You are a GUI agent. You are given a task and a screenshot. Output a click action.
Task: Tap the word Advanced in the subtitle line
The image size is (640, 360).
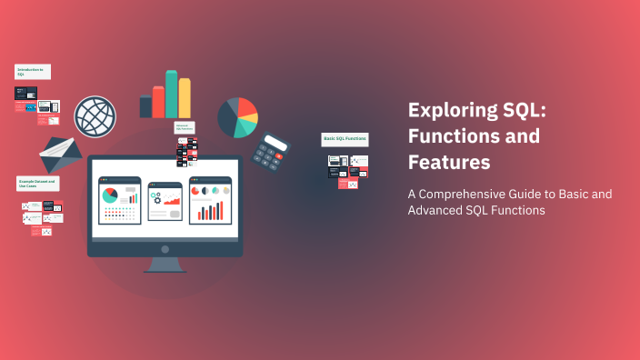[438, 211]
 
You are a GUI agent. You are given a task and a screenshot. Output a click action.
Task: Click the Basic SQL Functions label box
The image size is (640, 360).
[345, 140]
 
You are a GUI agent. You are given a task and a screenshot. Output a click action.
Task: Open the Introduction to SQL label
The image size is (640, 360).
[31, 71]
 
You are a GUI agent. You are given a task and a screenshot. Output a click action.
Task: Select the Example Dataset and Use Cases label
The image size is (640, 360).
[37, 183]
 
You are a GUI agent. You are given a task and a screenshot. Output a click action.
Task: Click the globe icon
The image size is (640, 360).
[95, 115]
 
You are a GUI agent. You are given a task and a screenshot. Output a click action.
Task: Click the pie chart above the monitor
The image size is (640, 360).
[238, 116]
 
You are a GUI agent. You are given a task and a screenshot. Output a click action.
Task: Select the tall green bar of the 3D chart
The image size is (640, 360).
[171, 92]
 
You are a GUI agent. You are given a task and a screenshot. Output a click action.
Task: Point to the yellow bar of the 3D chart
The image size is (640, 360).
[185, 98]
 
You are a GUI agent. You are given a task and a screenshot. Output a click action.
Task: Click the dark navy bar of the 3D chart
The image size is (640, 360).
[145, 106]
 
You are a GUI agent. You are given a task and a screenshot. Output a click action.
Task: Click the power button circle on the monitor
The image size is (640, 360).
[165, 248]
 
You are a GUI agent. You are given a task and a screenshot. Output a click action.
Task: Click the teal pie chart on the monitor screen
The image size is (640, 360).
[110, 195]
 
